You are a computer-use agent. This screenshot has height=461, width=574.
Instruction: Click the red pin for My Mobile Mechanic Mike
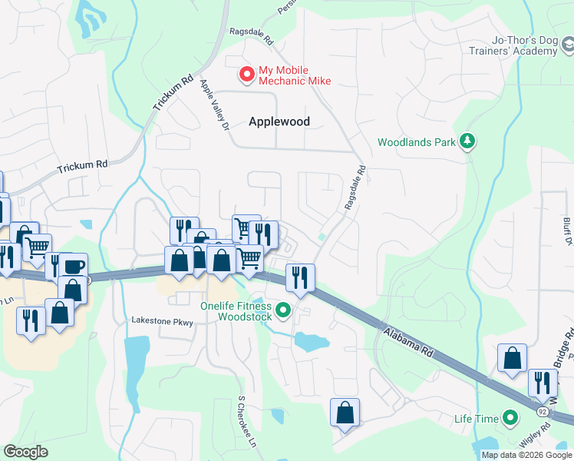point(246,75)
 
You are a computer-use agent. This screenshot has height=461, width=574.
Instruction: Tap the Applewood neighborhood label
point(279,121)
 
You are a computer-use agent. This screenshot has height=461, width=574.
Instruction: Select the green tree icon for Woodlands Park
point(467,141)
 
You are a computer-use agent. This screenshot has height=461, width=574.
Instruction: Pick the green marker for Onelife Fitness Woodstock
point(283,310)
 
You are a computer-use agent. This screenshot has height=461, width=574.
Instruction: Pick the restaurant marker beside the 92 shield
point(543,382)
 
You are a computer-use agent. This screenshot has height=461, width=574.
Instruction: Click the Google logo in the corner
point(25,452)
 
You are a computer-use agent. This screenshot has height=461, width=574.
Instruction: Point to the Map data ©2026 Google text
point(526,455)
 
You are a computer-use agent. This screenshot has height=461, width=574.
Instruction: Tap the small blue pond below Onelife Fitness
point(311,342)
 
